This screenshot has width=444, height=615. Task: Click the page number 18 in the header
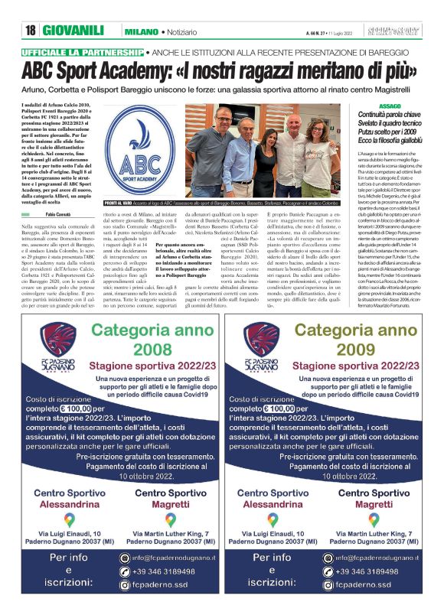[30, 30]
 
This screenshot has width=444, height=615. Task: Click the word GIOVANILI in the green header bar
[73, 30]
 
